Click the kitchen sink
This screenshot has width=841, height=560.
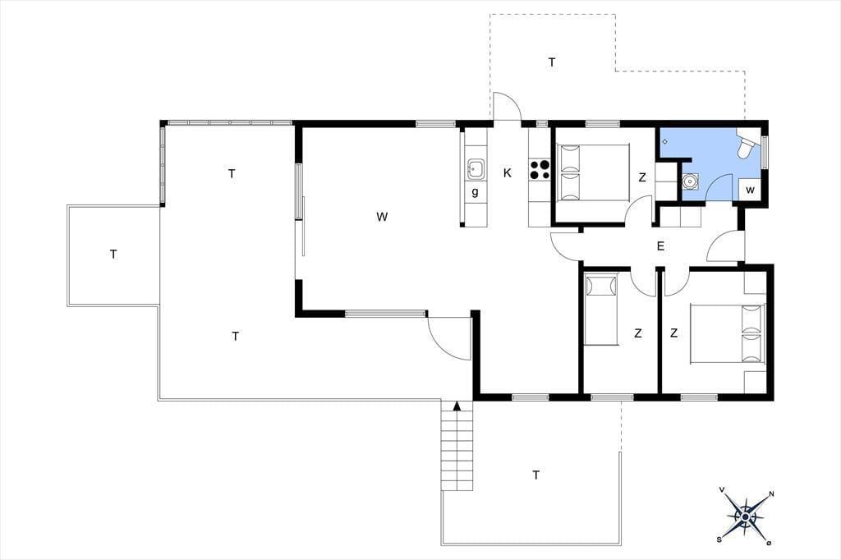pyautogui.click(x=476, y=168)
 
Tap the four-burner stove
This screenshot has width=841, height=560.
pyautogui.click(x=540, y=169)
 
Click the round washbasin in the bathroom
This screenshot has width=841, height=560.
pyautogui.click(x=690, y=181)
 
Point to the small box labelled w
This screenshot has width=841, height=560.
pyautogui.click(x=751, y=190)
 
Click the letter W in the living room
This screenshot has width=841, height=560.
pyautogui.click(x=382, y=217)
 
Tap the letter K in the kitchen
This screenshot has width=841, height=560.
pyautogui.click(x=508, y=172)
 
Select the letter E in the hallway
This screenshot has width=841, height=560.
pyautogui.click(x=661, y=246)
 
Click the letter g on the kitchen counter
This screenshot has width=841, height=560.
pyautogui.click(x=475, y=192)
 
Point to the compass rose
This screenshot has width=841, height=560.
pyautogui.click(x=746, y=516)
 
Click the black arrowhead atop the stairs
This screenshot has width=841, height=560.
pyautogui.click(x=457, y=406)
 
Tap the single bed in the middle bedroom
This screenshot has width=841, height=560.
pyautogui.click(x=600, y=309)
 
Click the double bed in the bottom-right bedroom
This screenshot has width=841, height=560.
pyautogui.click(x=726, y=333)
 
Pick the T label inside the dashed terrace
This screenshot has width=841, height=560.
pyautogui.click(x=552, y=62)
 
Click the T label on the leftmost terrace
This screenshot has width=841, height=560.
pyautogui.click(x=113, y=254)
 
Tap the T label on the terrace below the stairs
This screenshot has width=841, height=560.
pyautogui.click(x=535, y=475)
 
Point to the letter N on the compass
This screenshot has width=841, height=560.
pyautogui.click(x=771, y=494)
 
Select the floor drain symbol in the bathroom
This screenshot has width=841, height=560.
pyautogui.click(x=665, y=141)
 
